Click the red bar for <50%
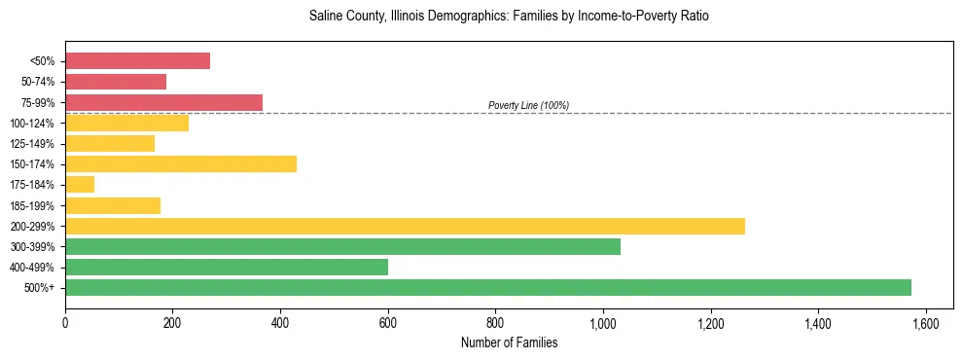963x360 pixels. [x=137, y=60]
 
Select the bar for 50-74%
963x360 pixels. [x=116, y=82]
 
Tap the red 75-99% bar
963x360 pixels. [x=163, y=102]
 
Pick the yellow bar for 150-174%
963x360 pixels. [x=181, y=164]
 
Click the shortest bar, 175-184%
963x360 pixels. [x=80, y=185]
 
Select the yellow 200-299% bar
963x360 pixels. [x=405, y=226]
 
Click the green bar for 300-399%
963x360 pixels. [x=342, y=247]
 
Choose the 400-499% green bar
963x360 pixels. [x=227, y=268]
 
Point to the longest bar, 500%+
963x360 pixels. [x=488, y=288]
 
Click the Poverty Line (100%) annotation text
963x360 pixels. [x=528, y=105]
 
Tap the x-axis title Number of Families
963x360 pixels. [x=509, y=342]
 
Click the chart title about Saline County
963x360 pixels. [x=509, y=17]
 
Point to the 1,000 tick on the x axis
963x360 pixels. [x=603, y=323]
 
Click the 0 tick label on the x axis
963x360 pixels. [x=65, y=323]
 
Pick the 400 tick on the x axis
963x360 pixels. [x=280, y=323]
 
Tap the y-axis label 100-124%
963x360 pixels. [x=32, y=124]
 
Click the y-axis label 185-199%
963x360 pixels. [x=32, y=205]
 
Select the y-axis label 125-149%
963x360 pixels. [x=32, y=144]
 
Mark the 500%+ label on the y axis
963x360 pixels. [x=40, y=288]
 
